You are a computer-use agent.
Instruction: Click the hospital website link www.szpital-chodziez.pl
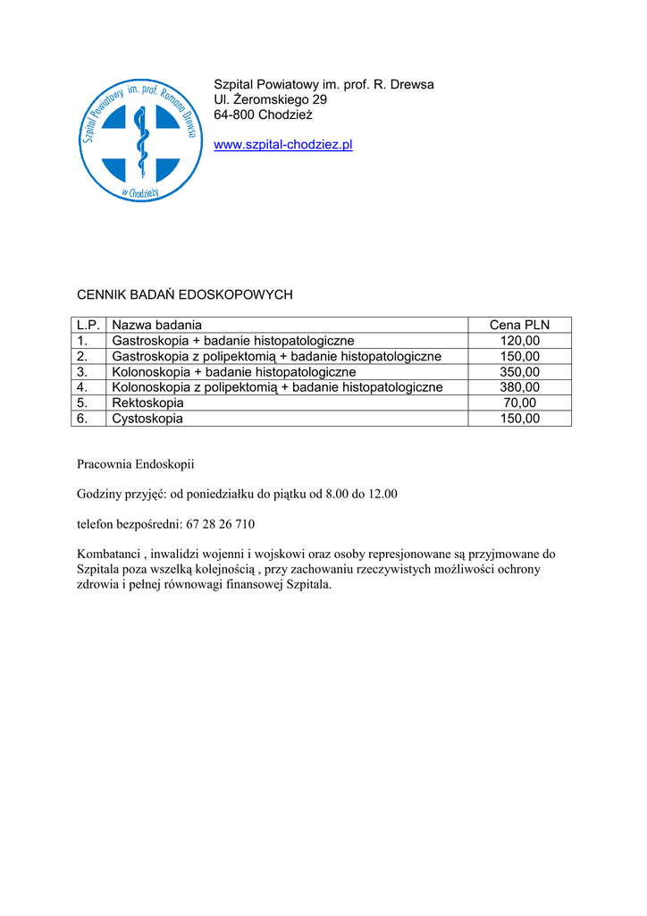point(283,145)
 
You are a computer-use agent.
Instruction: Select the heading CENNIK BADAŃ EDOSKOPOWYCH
point(185,294)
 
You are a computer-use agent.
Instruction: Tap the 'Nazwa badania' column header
point(157,325)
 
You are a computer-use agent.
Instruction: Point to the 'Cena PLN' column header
point(519,325)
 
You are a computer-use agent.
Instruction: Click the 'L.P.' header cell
point(88,325)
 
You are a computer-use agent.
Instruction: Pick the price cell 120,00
point(519,341)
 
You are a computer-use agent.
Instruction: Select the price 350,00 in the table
point(519,371)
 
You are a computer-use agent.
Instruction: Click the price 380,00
point(519,387)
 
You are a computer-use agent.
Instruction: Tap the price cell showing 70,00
point(519,403)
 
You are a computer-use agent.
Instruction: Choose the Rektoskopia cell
point(147,403)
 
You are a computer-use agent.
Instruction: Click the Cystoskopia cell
point(147,419)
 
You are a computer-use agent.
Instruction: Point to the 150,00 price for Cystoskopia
point(519,419)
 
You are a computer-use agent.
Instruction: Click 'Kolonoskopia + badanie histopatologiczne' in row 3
point(234,371)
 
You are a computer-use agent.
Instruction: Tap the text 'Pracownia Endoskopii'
point(135,464)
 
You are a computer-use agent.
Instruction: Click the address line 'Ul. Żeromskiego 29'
point(270,99)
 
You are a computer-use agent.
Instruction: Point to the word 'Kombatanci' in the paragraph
point(108,554)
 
